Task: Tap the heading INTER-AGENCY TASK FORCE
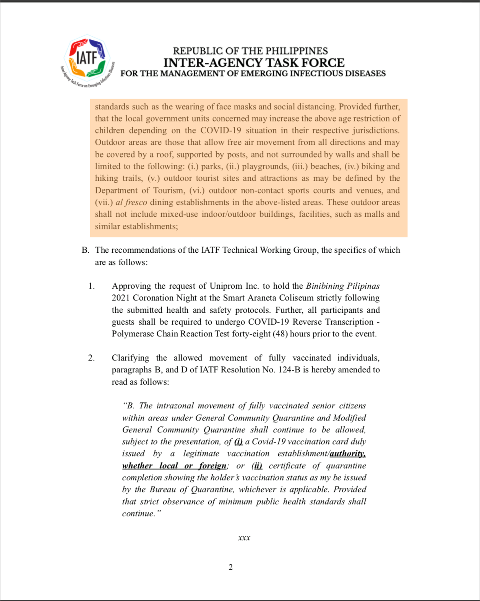[254, 62]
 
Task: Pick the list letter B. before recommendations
[85, 250]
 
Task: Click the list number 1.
[91, 286]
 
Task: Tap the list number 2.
[91, 358]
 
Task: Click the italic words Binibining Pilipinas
[342, 286]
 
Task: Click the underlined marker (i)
[238, 442]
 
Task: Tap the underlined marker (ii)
[258, 466]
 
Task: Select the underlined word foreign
[212, 466]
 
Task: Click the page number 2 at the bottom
[230, 567]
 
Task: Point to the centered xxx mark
[244, 538]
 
